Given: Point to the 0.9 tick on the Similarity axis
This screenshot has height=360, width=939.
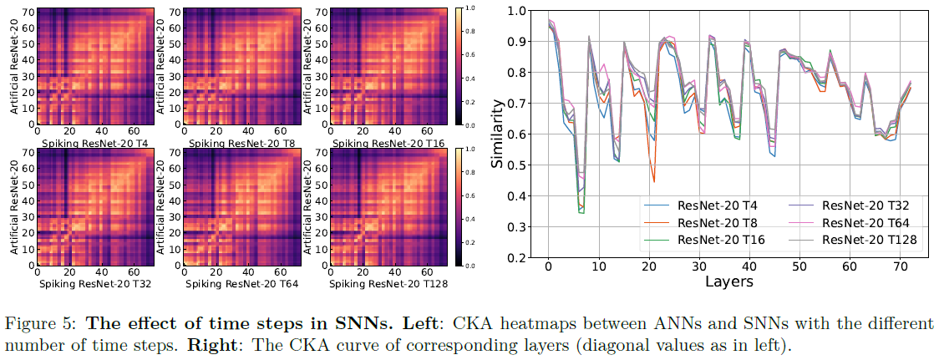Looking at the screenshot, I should [517, 42].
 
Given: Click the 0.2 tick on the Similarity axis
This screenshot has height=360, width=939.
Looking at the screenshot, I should [517, 258].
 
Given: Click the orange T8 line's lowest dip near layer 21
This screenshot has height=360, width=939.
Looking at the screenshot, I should [653, 181].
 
